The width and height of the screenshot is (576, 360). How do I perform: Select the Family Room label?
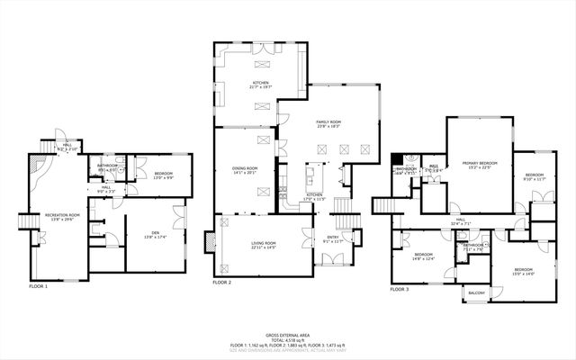[x=328, y=123]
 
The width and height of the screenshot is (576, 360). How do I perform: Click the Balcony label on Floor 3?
[x=477, y=292]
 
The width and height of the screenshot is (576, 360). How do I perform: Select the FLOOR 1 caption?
[x=38, y=285]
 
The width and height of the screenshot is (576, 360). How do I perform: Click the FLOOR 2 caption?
[x=222, y=282]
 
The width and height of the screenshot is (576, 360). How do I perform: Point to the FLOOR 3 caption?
[x=399, y=289]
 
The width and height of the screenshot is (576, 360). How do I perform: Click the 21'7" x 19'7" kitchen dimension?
[x=261, y=86]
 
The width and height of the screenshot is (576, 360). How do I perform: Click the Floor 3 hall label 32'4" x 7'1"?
[x=460, y=222]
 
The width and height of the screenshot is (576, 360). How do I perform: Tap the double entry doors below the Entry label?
[x=332, y=259]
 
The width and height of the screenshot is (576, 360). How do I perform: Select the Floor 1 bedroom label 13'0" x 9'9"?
[x=163, y=177]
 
